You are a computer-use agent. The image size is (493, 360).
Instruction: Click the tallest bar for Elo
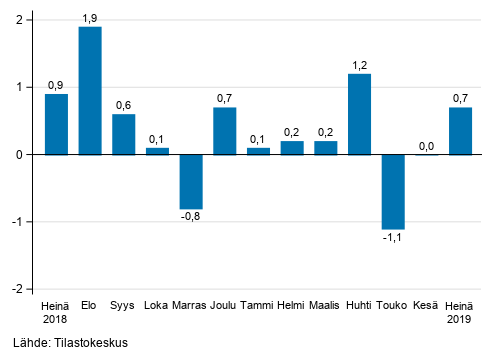click(x=90, y=91)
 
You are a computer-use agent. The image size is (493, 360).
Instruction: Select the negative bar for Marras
click(x=191, y=181)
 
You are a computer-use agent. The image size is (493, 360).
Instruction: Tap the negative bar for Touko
click(x=393, y=191)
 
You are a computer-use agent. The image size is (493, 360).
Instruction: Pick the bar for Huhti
click(x=359, y=114)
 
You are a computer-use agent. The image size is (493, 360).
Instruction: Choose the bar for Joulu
click(x=225, y=131)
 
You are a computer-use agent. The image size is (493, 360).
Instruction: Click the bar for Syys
click(x=124, y=134)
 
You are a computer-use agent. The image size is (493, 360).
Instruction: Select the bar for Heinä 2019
click(x=460, y=131)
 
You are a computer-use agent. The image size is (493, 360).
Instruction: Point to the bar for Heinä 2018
click(x=57, y=124)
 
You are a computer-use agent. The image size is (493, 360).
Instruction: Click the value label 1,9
click(x=90, y=18)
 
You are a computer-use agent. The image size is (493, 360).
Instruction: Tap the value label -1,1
click(x=392, y=238)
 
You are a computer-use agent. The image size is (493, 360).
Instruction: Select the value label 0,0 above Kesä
click(x=426, y=146)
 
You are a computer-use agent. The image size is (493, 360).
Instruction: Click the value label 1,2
click(x=359, y=65)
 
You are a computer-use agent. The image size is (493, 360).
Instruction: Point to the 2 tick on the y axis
click(x=21, y=21)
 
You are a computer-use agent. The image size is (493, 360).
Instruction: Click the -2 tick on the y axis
click(x=19, y=289)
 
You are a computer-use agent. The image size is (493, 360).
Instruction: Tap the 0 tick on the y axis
click(x=21, y=155)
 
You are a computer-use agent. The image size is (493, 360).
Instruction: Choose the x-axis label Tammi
click(x=258, y=305)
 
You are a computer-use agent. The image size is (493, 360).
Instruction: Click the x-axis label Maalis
click(x=325, y=305)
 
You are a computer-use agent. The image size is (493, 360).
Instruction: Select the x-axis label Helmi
click(x=291, y=305)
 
